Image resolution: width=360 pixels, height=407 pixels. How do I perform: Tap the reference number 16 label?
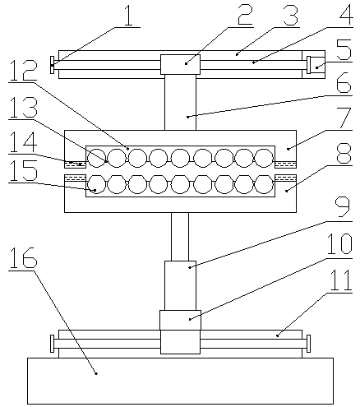(23, 257)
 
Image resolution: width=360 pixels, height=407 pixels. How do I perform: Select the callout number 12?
(23, 70)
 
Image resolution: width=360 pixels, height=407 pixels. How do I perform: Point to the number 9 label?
(342, 208)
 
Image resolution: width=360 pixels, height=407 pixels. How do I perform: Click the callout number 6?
(344, 82)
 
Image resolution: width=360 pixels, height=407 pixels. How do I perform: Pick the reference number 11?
(341, 280)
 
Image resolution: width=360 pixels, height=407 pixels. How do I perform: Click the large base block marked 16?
(180, 381)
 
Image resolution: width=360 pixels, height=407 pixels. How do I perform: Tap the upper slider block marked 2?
(180, 64)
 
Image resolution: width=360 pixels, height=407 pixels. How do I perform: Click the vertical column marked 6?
(180, 102)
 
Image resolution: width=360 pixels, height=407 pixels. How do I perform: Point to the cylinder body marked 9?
(180, 285)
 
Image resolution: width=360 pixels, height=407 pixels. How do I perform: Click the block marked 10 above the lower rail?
(180, 320)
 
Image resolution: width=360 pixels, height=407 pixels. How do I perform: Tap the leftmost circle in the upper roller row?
(96, 158)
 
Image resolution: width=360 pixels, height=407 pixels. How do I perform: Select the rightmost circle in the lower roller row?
(264, 184)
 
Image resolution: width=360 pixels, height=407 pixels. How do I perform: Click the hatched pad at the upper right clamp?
(285, 164)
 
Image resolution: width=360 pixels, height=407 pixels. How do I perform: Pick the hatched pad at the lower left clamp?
(75, 178)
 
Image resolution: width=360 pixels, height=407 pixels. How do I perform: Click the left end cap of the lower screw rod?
(52, 344)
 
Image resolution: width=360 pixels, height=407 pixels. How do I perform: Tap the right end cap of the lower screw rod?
(308, 344)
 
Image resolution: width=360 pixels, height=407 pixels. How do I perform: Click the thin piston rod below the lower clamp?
(180, 237)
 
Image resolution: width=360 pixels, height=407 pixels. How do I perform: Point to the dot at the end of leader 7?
(288, 149)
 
